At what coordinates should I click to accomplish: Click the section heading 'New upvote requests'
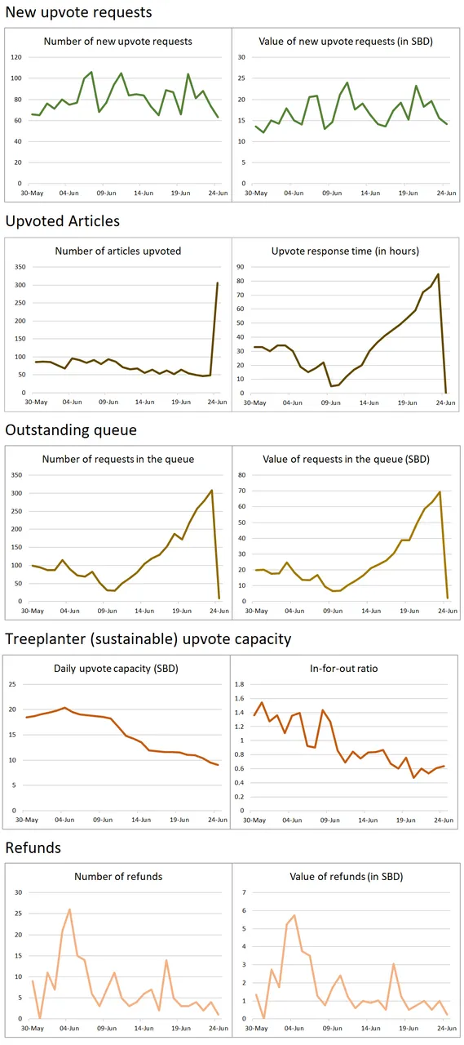(79, 12)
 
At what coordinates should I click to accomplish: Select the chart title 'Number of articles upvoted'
(118, 251)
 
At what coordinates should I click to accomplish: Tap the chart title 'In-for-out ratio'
(344, 669)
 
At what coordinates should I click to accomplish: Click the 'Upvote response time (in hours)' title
(345, 251)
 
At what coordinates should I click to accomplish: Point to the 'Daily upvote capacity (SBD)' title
(116, 669)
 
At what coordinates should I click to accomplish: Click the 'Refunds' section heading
(33, 847)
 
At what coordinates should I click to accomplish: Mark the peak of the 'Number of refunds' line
(69, 909)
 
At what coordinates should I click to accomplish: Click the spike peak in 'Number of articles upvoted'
(217, 282)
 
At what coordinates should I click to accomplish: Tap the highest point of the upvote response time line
(438, 273)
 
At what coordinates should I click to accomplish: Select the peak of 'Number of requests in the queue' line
(212, 491)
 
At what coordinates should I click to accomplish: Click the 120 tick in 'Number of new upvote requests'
(16, 57)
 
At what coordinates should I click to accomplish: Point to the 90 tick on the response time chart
(241, 267)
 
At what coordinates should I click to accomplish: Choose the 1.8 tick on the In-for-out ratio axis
(240, 684)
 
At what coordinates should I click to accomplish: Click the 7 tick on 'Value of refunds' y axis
(244, 892)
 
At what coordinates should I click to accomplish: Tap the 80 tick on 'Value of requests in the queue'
(241, 475)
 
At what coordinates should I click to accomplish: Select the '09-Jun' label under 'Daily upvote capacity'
(103, 820)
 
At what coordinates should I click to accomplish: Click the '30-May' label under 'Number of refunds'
(32, 1028)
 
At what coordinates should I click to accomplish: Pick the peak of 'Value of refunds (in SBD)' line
(294, 915)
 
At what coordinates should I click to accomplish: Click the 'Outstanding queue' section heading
(71, 430)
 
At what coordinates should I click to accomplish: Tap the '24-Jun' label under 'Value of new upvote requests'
(446, 193)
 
